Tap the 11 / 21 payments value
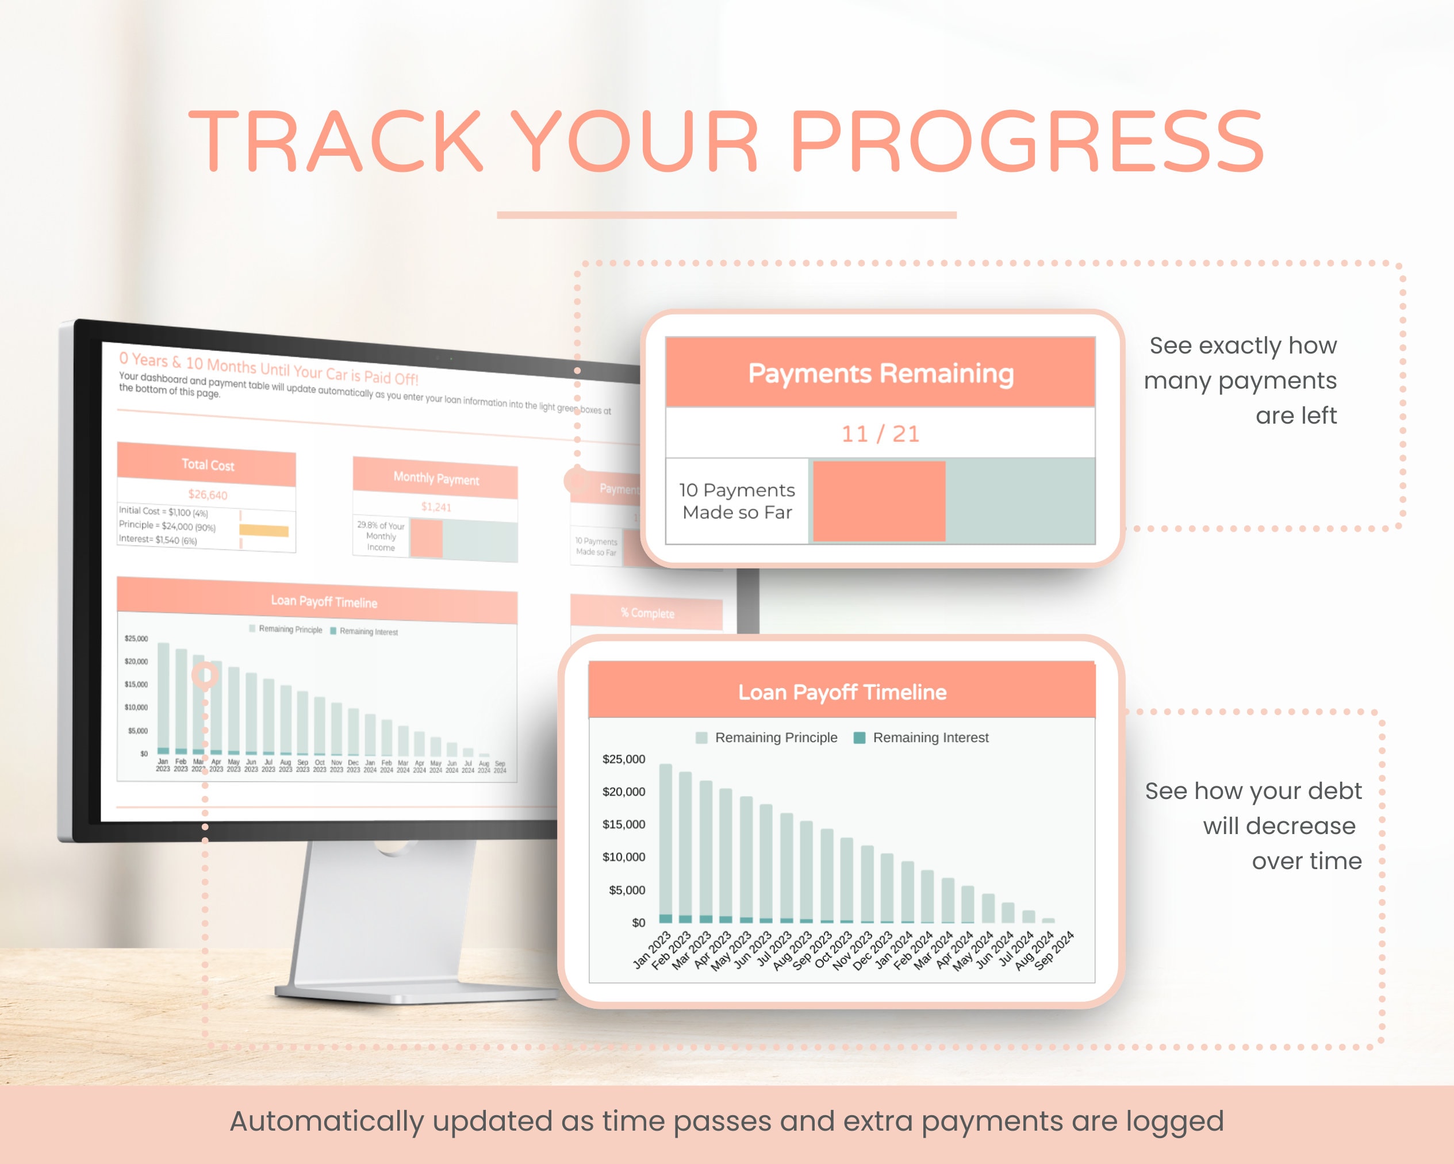point(880,433)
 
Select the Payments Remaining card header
point(880,373)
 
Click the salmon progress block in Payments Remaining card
point(878,501)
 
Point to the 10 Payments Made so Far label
point(736,501)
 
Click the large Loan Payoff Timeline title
point(842,692)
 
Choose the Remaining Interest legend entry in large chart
point(922,738)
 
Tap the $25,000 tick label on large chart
point(623,759)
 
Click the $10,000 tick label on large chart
point(623,857)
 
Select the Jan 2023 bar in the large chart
point(665,840)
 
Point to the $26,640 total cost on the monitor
point(208,494)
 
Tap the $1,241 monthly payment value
point(436,506)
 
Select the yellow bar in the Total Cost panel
point(264,531)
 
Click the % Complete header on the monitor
point(647,613)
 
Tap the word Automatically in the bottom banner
point(327,1121)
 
